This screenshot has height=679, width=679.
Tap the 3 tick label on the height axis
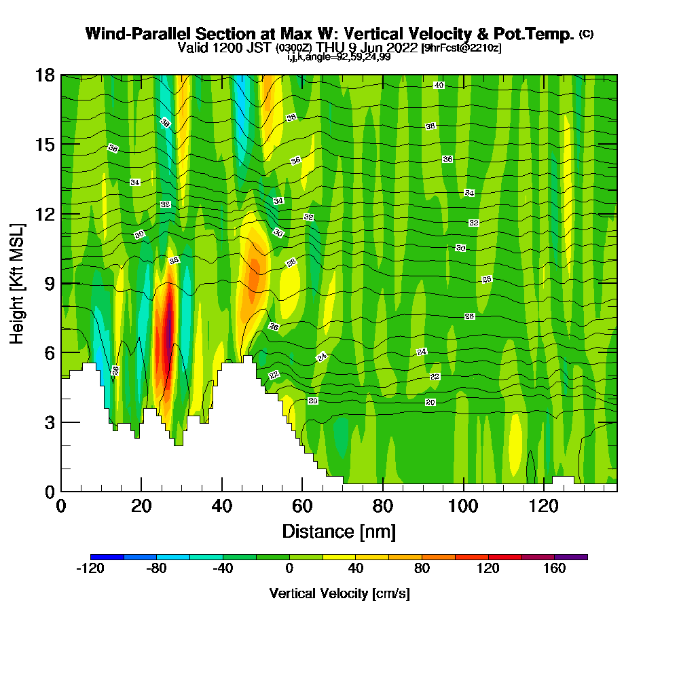point(49,422)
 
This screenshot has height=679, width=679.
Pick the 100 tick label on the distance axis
point(464,506)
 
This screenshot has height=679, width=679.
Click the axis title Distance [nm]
point(339,531)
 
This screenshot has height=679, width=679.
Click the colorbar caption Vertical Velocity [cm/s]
point(339,593)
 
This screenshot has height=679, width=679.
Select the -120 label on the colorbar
point(90,569)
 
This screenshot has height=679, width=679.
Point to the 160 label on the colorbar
point(555,569)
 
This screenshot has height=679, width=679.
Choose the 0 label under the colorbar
point(289,569)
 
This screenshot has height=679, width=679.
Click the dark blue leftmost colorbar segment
point(107,557)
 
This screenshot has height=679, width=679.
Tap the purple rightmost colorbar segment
point(571,557)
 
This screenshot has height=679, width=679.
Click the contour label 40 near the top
point(439,85)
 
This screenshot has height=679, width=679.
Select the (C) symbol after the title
point(586,34)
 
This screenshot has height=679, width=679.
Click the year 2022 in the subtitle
point(402,48)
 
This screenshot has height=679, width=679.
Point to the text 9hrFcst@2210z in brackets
point(461,48)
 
